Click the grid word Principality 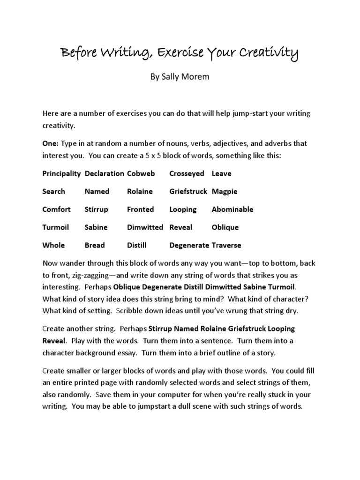click(x=62, y=173)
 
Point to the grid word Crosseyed click(x=187, y=173)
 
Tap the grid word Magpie click(x=225, y=191)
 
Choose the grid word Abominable click(x=232, y=210)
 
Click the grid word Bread click(x=95, y=245)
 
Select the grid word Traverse click(x=227, y=245)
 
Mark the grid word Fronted click(x=140, y=210)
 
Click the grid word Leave click(x=221, y=173)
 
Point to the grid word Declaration click(x=105, y=173)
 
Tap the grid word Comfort click(x=57, y=210)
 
